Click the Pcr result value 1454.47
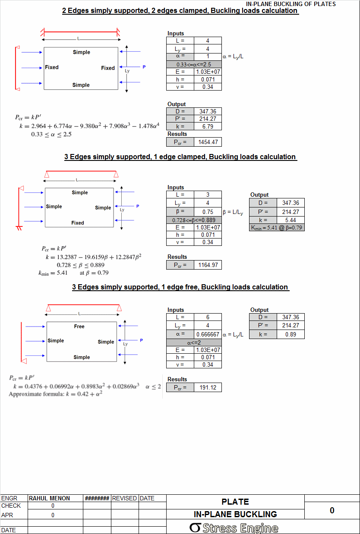[208, 142]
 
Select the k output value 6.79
[208, 126]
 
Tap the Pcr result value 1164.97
[208, 265]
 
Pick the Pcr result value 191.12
[208, 387]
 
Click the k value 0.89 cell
[291, 334]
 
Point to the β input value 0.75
[208, 212]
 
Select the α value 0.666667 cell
[208, 334]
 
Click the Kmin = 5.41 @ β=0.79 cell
[277, 228]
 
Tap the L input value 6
[208, 317]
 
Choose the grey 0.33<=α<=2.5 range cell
[194, 64]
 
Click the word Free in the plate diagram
[79, 327]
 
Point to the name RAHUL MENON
[49, 498]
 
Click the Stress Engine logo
[234, 528]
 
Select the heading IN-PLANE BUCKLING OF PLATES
[291, 4]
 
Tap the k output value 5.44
[291, 220]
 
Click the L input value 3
[208, 195]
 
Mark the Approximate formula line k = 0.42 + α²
[56, 394]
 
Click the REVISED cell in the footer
[124, 498]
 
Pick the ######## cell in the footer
[97, 498]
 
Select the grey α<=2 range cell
[194, 342]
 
